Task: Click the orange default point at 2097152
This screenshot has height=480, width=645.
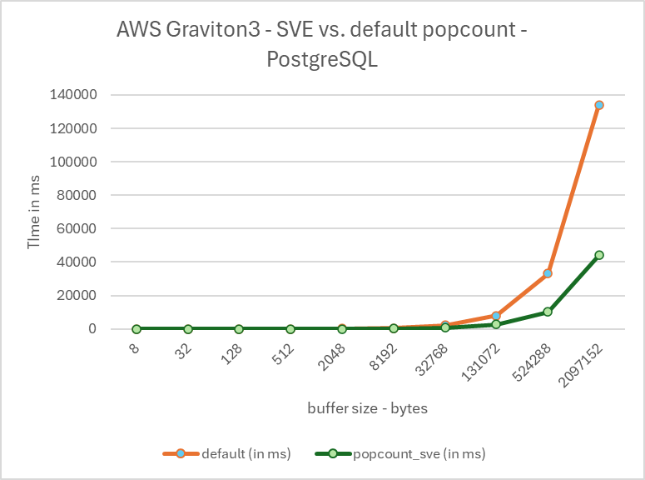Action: pos(598,105)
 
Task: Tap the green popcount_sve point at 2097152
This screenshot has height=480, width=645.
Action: pos(598,255)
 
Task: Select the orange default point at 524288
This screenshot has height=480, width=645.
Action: pos(548,273)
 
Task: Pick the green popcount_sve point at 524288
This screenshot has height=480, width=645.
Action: pos(548,312)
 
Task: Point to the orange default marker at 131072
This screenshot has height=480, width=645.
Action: pos(496,316)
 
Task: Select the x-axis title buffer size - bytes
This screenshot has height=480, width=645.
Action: pos(367,408)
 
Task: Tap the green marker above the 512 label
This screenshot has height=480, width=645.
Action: pos(290,329)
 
